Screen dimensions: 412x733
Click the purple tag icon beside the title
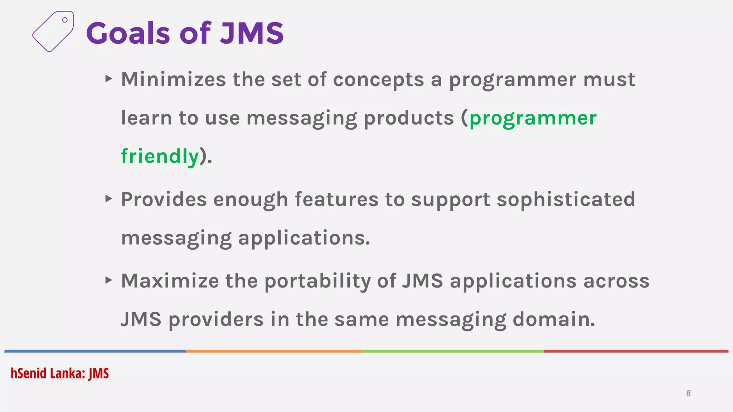(x=53, y=31)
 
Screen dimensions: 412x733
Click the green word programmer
(x=533, y=118)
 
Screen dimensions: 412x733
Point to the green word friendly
(x=160, y=156)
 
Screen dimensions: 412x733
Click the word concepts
(x=378, y=80)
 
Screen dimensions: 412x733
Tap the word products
(x=409, y=118)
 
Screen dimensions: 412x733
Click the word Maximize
(x=170, y=281)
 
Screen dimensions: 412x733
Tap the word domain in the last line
(x=554, y=319)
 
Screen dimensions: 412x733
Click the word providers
(x=216, y=319)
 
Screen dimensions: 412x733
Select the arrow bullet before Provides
(x=109, y=198)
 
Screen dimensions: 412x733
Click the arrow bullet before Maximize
(x=109, y=280)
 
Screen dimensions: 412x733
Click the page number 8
(x=688, y=393)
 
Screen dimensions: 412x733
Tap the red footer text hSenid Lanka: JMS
(x=60, y=373)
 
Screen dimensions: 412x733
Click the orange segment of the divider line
(x=274, y=351)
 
